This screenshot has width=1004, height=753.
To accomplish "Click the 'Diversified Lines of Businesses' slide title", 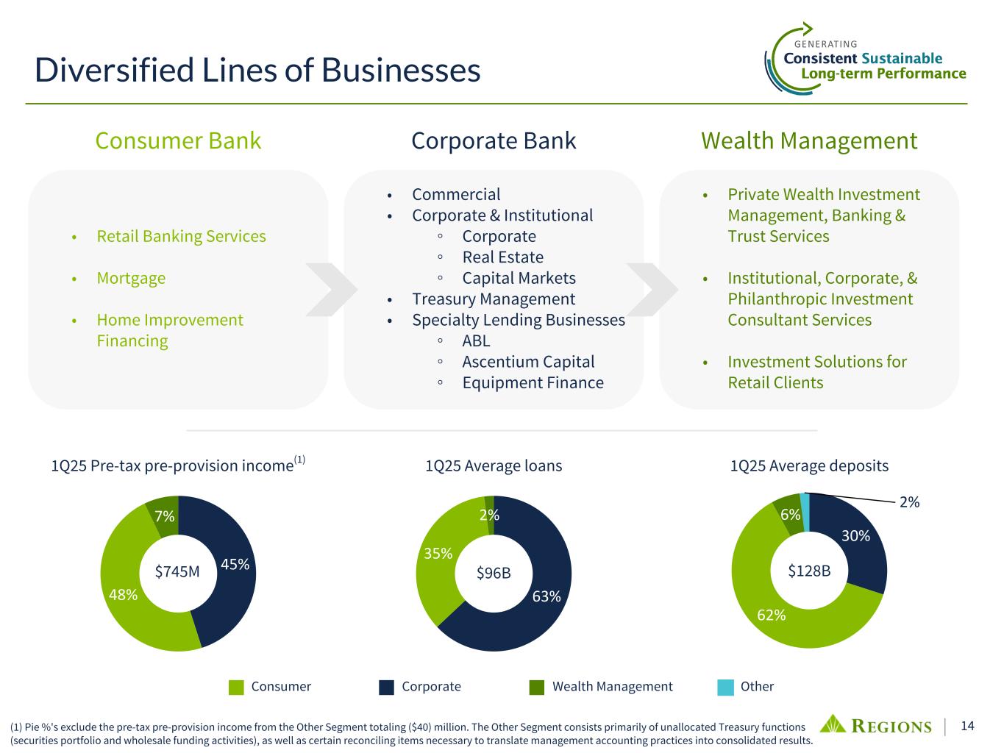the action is (x=257, y=71).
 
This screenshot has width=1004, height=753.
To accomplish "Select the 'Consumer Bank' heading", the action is (x=178, y=140).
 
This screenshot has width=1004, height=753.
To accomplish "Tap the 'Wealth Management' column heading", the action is (x=809, y=140).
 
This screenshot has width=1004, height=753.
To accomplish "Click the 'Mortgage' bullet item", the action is (x=131, y=278).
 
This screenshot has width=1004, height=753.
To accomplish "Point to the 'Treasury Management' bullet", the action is (x=493, y=299).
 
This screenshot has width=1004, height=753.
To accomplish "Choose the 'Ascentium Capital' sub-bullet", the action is (x=528, y=362).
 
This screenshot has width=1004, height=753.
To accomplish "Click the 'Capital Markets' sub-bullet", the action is (x=519, y=278).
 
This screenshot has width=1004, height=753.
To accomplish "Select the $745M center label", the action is (x=177, y=571).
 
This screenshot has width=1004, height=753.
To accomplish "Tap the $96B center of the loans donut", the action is (x=493, y=573).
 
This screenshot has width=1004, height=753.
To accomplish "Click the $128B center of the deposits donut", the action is (x=809, y=570).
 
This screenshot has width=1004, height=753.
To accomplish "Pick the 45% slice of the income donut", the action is (x=234, y=565).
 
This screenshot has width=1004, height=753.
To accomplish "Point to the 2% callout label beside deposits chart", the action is (x=910, y=502).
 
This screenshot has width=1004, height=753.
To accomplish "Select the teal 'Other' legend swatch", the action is (x=725, y=687).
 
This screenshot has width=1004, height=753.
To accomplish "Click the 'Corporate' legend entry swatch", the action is (x=387, y=687).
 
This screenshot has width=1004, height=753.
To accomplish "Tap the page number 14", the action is (x=967, y=726).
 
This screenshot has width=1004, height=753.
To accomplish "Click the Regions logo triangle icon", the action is (x=834, y=724).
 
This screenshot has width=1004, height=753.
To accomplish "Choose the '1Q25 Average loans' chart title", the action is (x=494, y=465).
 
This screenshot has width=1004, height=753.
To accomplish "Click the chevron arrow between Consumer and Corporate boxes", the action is (x=331, y=289).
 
